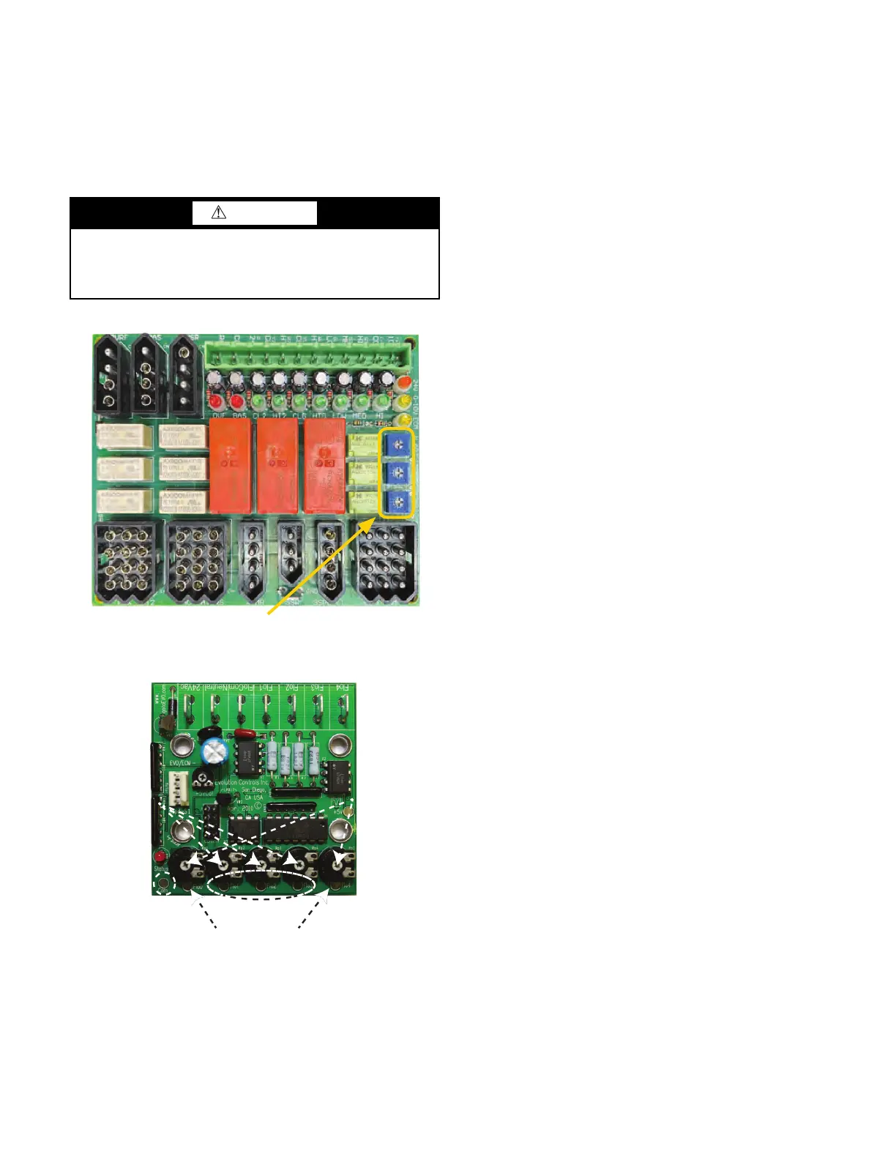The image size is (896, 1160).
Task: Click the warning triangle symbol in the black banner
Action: point(219,212)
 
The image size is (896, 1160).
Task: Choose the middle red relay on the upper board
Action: point(277,465)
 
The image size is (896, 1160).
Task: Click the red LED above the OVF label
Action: point(216,402)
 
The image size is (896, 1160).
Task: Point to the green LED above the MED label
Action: point(360,402)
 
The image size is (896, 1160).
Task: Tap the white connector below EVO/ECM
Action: point(179,789)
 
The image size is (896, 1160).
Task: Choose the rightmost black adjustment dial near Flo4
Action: point(335,866)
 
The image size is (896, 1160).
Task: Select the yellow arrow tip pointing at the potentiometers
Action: point(377,518)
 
